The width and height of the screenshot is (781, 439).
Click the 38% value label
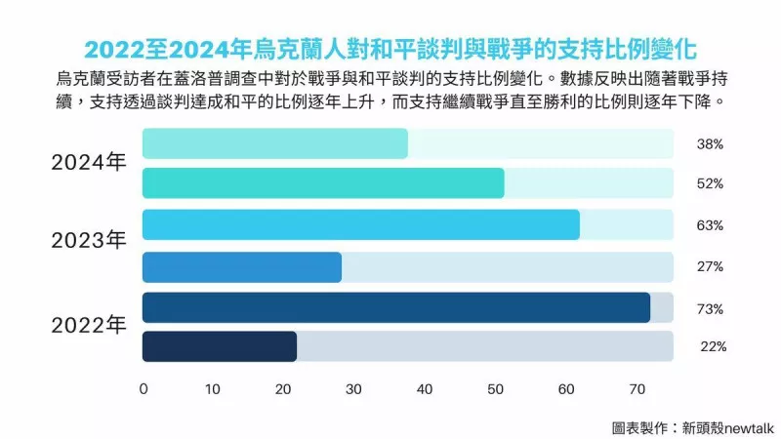point(710,143)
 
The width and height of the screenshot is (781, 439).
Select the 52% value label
point(710,183)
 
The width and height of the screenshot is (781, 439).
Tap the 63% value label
point(710,225)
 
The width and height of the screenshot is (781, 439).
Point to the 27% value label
point(710,266)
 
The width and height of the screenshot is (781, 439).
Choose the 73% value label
point(710,308)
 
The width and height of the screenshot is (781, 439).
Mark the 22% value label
point(713,346)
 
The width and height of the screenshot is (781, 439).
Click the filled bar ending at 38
point(275,143)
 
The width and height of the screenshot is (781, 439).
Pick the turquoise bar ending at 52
point(323,183)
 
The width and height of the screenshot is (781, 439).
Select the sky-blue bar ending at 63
point(361,224)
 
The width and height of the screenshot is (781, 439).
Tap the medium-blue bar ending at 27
point(242,266)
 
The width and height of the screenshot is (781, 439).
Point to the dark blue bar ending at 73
point(396,307)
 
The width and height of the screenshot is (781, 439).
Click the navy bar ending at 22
point(220,346)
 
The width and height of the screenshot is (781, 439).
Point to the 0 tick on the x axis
point(144,389)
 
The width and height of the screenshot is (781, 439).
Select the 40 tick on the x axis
point(424,389)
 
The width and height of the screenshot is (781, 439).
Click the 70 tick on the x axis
point(635,389)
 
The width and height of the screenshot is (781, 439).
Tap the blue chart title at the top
point(390,48)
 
